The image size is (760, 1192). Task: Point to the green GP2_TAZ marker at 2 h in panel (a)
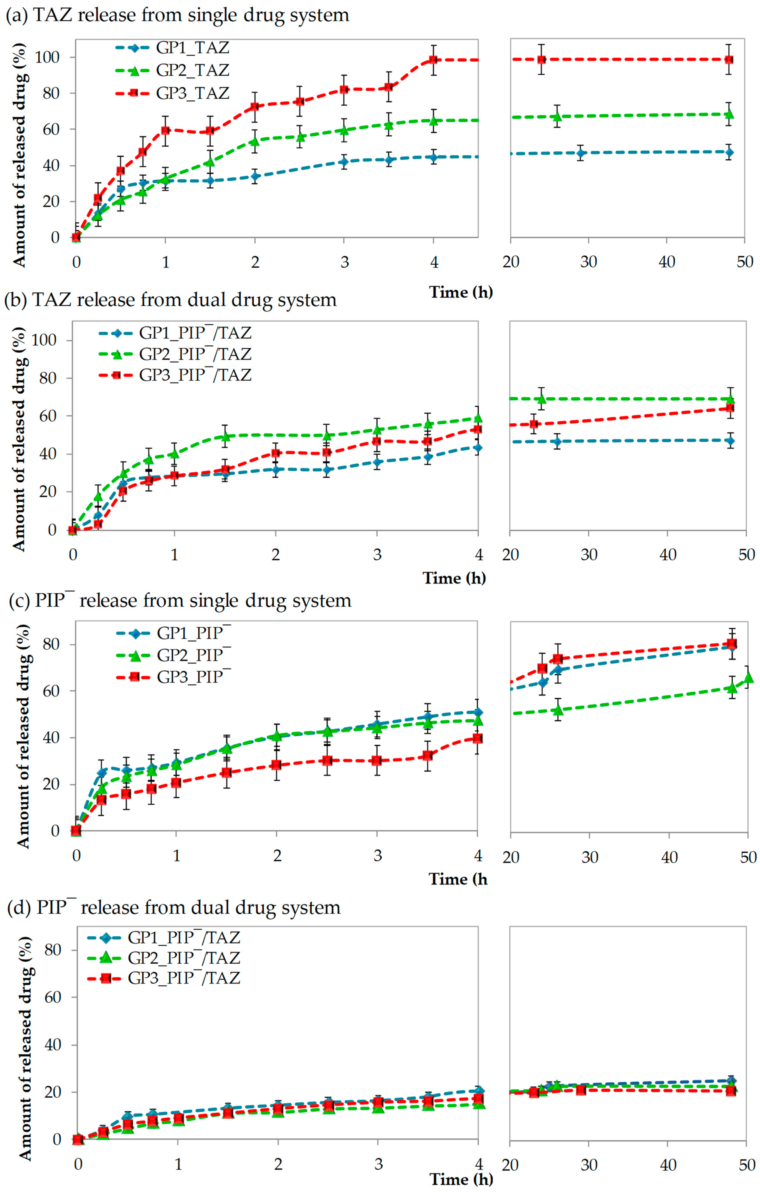coord(254,141)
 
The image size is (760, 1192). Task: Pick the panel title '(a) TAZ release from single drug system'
coord(177,15)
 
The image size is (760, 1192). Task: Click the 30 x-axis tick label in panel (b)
coord(589,554)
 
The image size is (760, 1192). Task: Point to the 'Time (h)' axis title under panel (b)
coord(454,578)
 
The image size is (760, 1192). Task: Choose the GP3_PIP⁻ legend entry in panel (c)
coord(173,677)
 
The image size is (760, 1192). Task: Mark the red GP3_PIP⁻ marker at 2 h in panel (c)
coord(276,765)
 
